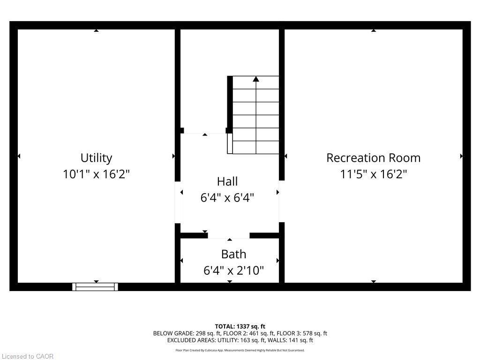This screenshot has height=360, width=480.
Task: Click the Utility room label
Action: [x=96, y=157]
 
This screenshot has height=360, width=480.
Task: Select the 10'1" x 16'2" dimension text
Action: [x=96, y=174]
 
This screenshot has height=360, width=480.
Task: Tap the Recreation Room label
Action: [x=373, y=157]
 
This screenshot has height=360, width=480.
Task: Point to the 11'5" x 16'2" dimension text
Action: [x=373, y=174]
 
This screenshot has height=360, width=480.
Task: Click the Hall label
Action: [x=227, y=181]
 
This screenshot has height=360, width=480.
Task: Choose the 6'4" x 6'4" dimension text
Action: [x=227, y=198]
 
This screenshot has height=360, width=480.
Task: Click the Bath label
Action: [x=233, y=254]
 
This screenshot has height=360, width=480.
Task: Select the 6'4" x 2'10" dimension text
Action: [x=233, y=270]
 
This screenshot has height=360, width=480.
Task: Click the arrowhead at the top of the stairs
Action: [x=256, y=79]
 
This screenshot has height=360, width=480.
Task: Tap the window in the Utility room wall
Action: [x=95, y=287]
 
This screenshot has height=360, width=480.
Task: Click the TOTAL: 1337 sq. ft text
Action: [x=240, y=326]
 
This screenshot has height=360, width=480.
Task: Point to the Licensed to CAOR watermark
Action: [x=28, y=356]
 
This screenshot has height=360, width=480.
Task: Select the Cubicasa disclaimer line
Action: [x=240, y=350]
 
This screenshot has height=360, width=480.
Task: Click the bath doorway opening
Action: [x=229, y=236]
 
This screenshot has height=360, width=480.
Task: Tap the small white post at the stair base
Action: [x=230, y=143]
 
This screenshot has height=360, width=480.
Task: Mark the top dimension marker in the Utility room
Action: [x=96, y=30]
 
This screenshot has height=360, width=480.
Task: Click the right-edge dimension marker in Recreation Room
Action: [x=462, y=156]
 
